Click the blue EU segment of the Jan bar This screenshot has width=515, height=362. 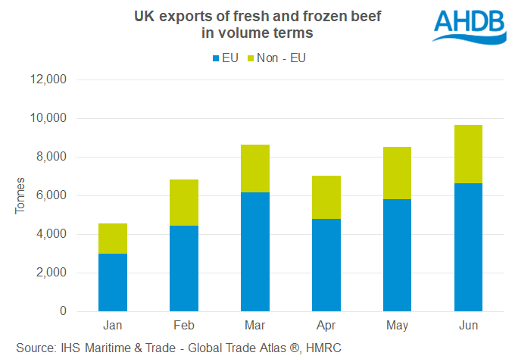pyautogui.click(x=113, y=282)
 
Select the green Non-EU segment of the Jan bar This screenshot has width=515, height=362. pyautogui.click(x=113, y=239)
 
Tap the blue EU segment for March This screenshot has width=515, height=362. pyautogui.click(x=255, y=251)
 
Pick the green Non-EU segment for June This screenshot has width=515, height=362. pyautogui.click(x=468, y=154)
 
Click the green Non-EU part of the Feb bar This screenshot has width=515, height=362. pyautogui.click(x=184, y=202)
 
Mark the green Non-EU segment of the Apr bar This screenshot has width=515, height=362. pyautogui.click(x=326, y=197)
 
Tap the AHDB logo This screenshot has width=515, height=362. pyautogui.click(x=469, y=26)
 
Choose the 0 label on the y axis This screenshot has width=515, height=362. pyautogui.click(x=64, y=311)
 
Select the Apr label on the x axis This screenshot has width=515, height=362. pyautogui.click(x=326, y=326)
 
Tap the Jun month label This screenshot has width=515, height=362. pyautogui.click(x=468, y=326)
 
